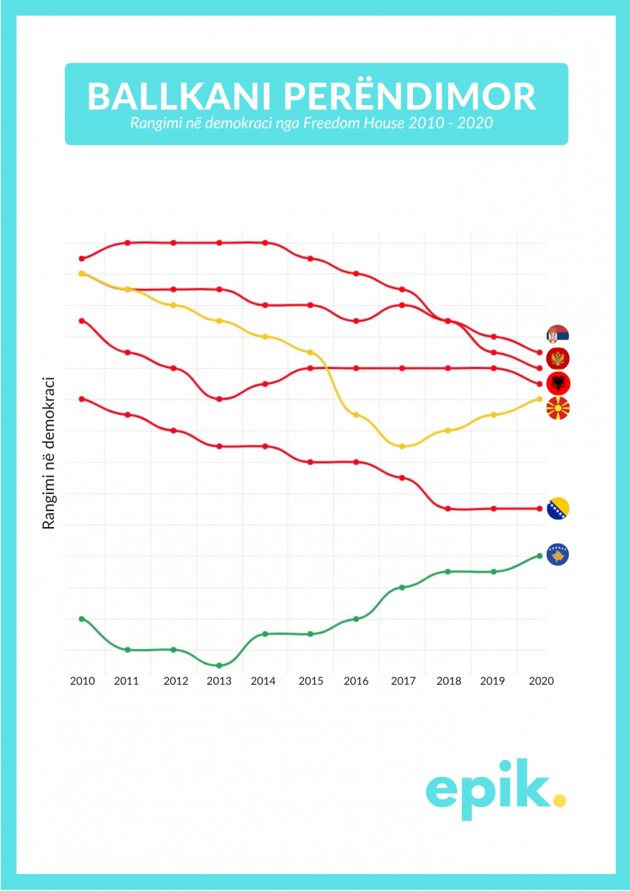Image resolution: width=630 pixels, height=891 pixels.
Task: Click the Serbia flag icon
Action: click(x=558, y=335)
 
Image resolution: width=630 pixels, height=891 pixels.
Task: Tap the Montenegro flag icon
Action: click(x=558, y=359)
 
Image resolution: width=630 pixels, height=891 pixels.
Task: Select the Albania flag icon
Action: click(x=558, y=383)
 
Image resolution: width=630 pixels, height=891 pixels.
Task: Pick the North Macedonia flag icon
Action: click(x=558, y=407)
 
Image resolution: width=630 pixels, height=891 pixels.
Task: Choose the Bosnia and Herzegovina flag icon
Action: click(x=558, y=508)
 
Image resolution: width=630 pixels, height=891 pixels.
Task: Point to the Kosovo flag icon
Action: click(x=558, y=555)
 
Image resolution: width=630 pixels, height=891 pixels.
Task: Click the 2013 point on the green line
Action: click(x=219, y=666)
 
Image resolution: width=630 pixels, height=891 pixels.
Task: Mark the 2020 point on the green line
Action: click(x=540, y=556)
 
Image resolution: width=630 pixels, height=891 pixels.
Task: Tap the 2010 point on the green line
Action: click(x=82, y=619)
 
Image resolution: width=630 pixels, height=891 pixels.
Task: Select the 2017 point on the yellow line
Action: click(x=402, y=447)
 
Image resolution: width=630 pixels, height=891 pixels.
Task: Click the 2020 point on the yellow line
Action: click(x=540, y=399)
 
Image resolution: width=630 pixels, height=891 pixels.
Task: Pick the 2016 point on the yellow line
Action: click(x=356, y=415)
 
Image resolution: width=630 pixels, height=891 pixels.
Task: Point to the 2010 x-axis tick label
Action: click(x=83, y=681)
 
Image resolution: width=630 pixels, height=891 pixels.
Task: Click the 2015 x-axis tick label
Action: click(x=310, y=681)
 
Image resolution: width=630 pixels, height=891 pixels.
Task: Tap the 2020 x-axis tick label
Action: click(x=541, y=681)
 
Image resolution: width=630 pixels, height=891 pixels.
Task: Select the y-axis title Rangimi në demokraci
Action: click(x=49, y=453)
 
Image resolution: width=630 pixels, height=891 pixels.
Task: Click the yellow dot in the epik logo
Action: click(x=559, y=799)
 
